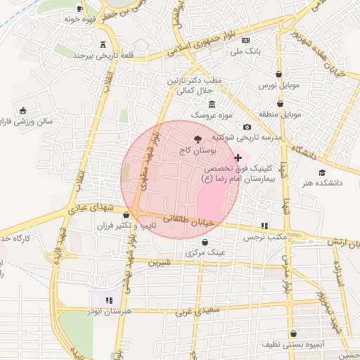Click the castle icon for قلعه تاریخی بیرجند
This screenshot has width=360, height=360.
pyautogui.click(x=104, y=44)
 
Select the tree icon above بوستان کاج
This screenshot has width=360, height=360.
pyautogui.click(x=197, y=139)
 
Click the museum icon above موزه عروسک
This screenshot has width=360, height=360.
pyautogui.click(x=212, y=104)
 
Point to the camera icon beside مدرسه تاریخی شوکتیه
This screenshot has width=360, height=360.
pyautogui.click(x=247, y=127)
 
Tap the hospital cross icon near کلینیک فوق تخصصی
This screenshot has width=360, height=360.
pyautogui.click(x=238, y=158)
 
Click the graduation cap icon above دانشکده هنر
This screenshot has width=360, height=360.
pyautogui.click(x=322, y=173)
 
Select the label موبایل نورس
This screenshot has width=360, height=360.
pyautogui.click(x=279, y=86)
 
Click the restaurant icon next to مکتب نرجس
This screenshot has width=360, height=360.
pyautogui.click(x=264, y=226)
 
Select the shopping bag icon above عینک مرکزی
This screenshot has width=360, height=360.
pyautogui.click(x=205, y=242)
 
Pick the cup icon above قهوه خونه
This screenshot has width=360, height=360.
pyautogui.click(x=79, y=8)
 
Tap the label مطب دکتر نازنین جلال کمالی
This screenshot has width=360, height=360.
pyautogui.click(x=195, y=86)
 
